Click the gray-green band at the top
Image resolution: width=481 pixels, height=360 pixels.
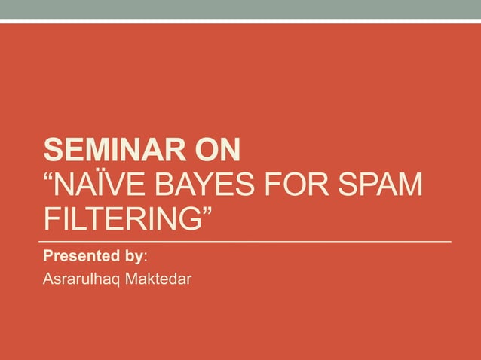(240, 9)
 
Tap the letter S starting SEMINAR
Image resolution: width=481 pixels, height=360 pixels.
(52, 151)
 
